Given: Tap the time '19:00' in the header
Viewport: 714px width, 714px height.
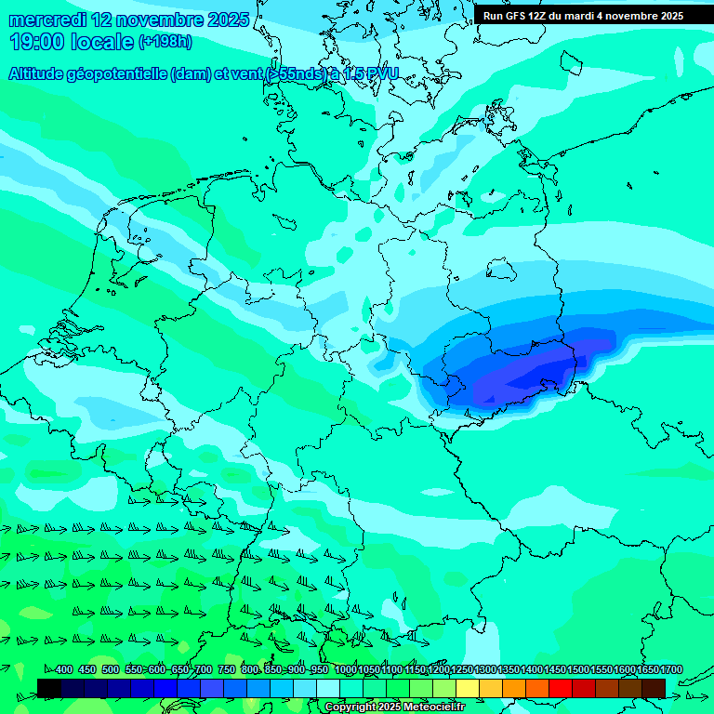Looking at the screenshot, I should tap(36, 42).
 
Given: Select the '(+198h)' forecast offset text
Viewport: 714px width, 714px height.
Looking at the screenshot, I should tap(165, 42).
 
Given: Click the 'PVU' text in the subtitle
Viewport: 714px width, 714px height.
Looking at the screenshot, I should tap(382, 73).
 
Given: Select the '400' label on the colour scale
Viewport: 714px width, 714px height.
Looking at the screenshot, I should tap(63, 670).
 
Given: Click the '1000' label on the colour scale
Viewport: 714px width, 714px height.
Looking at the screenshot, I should tap(346, 670).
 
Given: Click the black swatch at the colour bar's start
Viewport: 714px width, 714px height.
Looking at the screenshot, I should tap(49, 689).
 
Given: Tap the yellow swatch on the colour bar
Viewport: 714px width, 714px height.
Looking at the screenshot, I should tap(467, 689).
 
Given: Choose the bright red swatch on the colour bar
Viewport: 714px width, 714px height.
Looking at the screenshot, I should tap(560, 689).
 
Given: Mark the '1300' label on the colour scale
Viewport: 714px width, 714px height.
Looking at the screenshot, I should tap(485, 670).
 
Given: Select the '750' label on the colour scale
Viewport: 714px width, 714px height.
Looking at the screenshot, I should tap(226, 670).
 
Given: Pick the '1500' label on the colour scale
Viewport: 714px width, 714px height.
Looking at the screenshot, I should tap(578, 670).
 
